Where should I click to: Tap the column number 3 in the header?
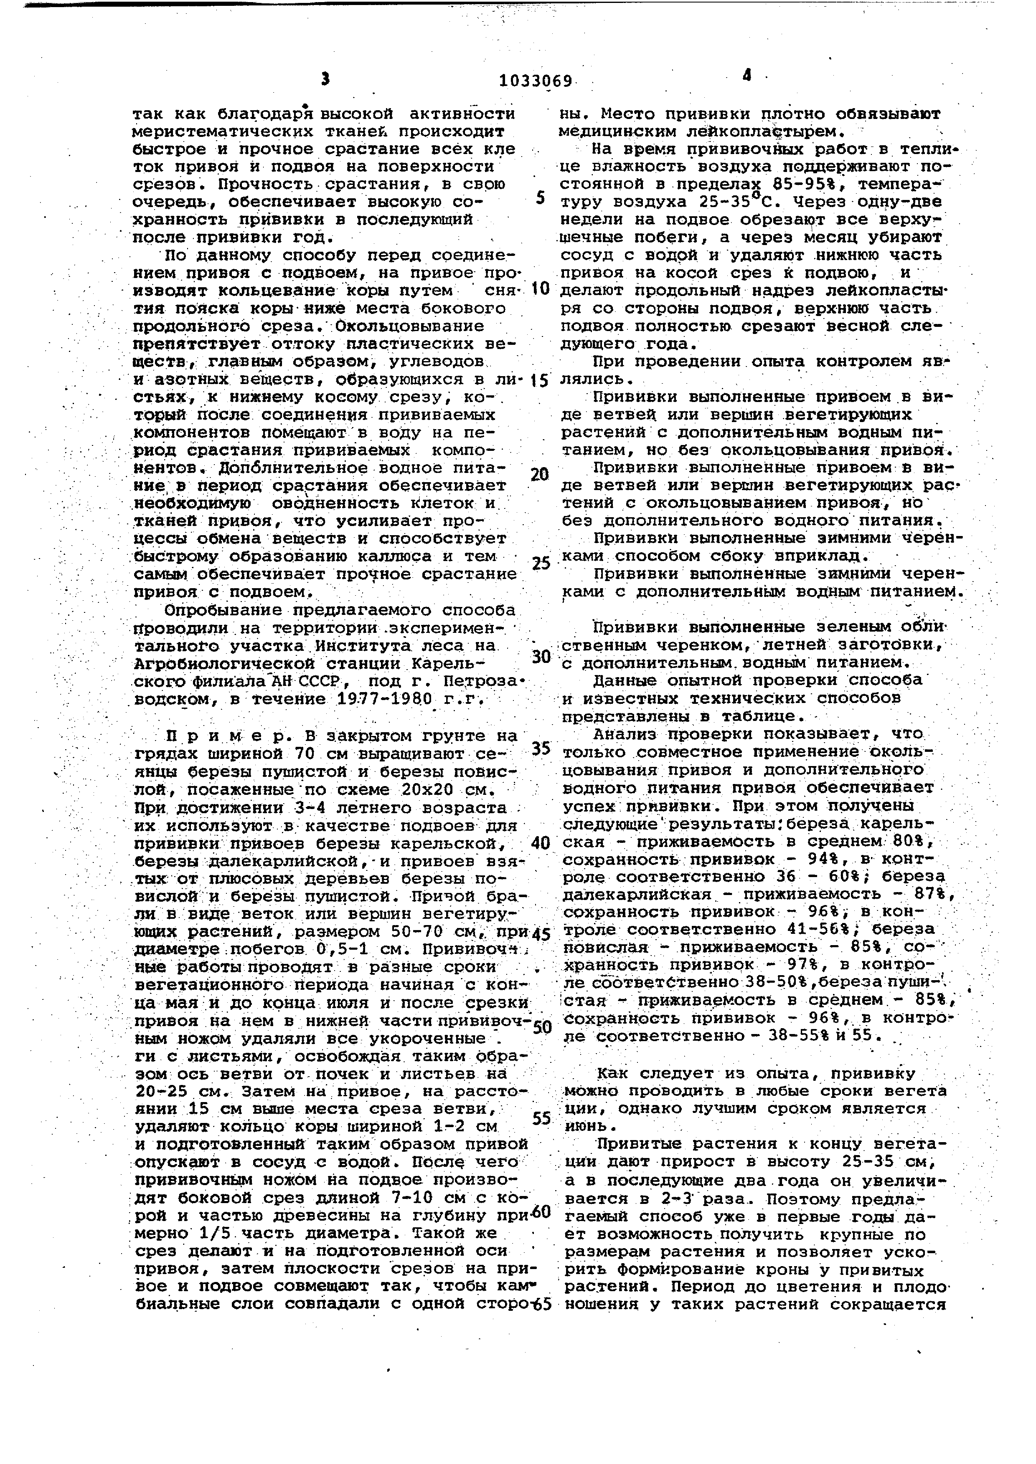pyautogui.click(x=325, y=79)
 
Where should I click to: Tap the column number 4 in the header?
pyautogui.click(x=747, y=75)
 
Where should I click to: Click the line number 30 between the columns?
pyautogui.click(x=540, y=656)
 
